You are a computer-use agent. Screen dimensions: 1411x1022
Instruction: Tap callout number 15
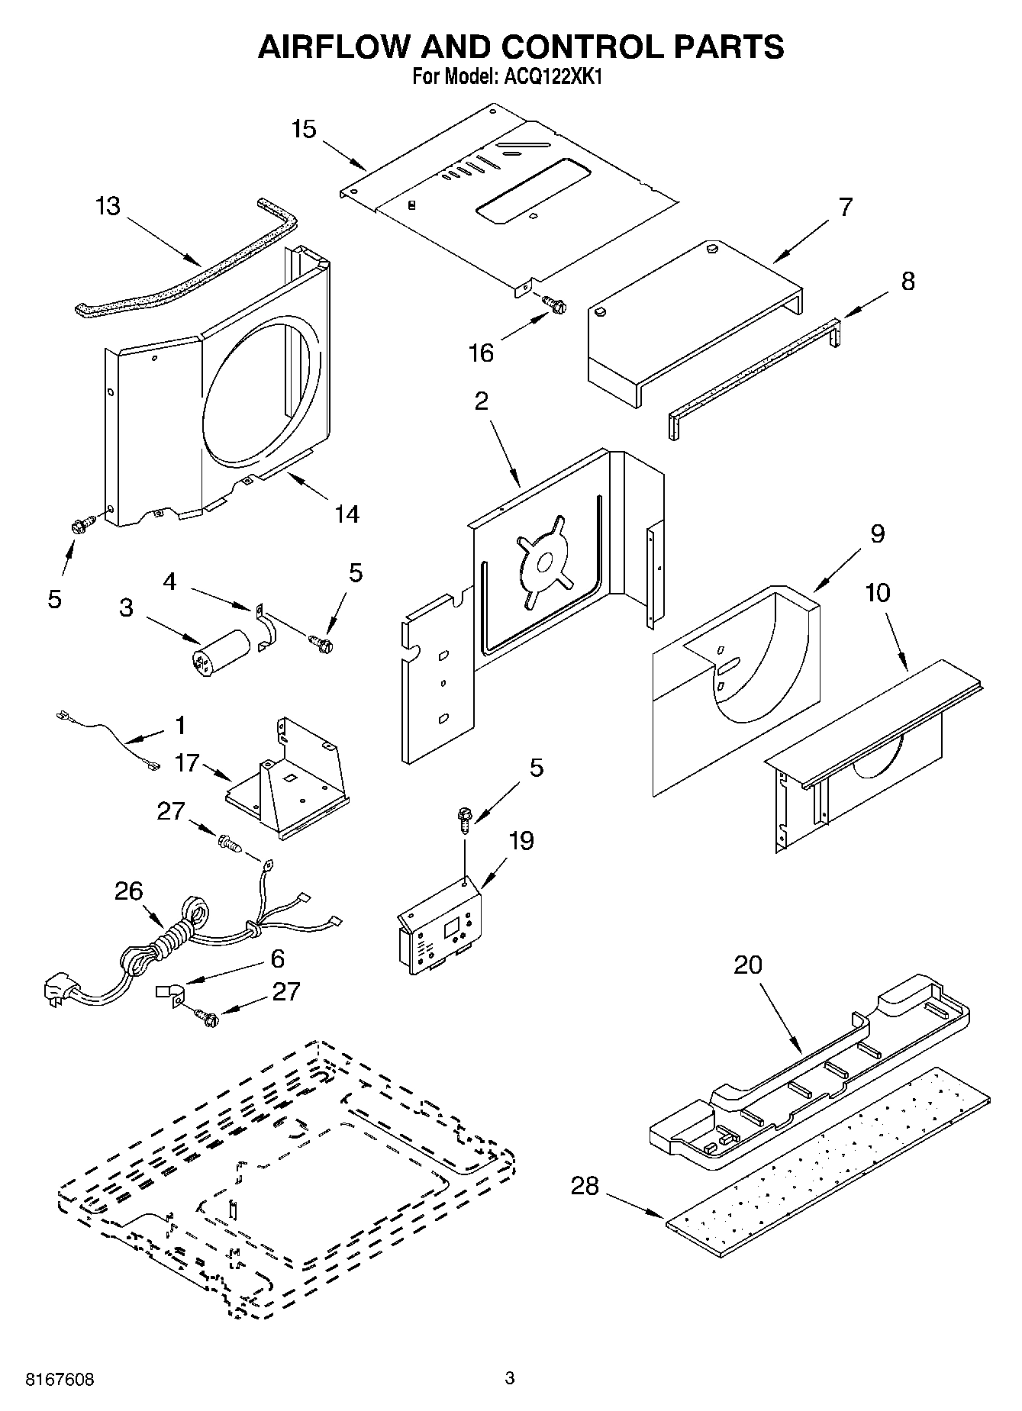click(303, 129)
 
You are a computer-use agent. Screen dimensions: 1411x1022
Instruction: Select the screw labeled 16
click(555, 304)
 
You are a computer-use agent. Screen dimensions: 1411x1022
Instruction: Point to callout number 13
click(108, 206)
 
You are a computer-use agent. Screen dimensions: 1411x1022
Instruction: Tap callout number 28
click(585, 1186)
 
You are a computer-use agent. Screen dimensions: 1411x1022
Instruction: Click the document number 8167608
click(60, 1379)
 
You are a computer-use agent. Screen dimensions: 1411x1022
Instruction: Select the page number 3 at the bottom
click(510, 1378)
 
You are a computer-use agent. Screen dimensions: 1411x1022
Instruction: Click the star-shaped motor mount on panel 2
click(545, 563)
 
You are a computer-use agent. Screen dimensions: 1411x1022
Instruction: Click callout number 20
click(747, 965)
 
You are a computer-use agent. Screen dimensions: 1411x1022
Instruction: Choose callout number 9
click(877, 533)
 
